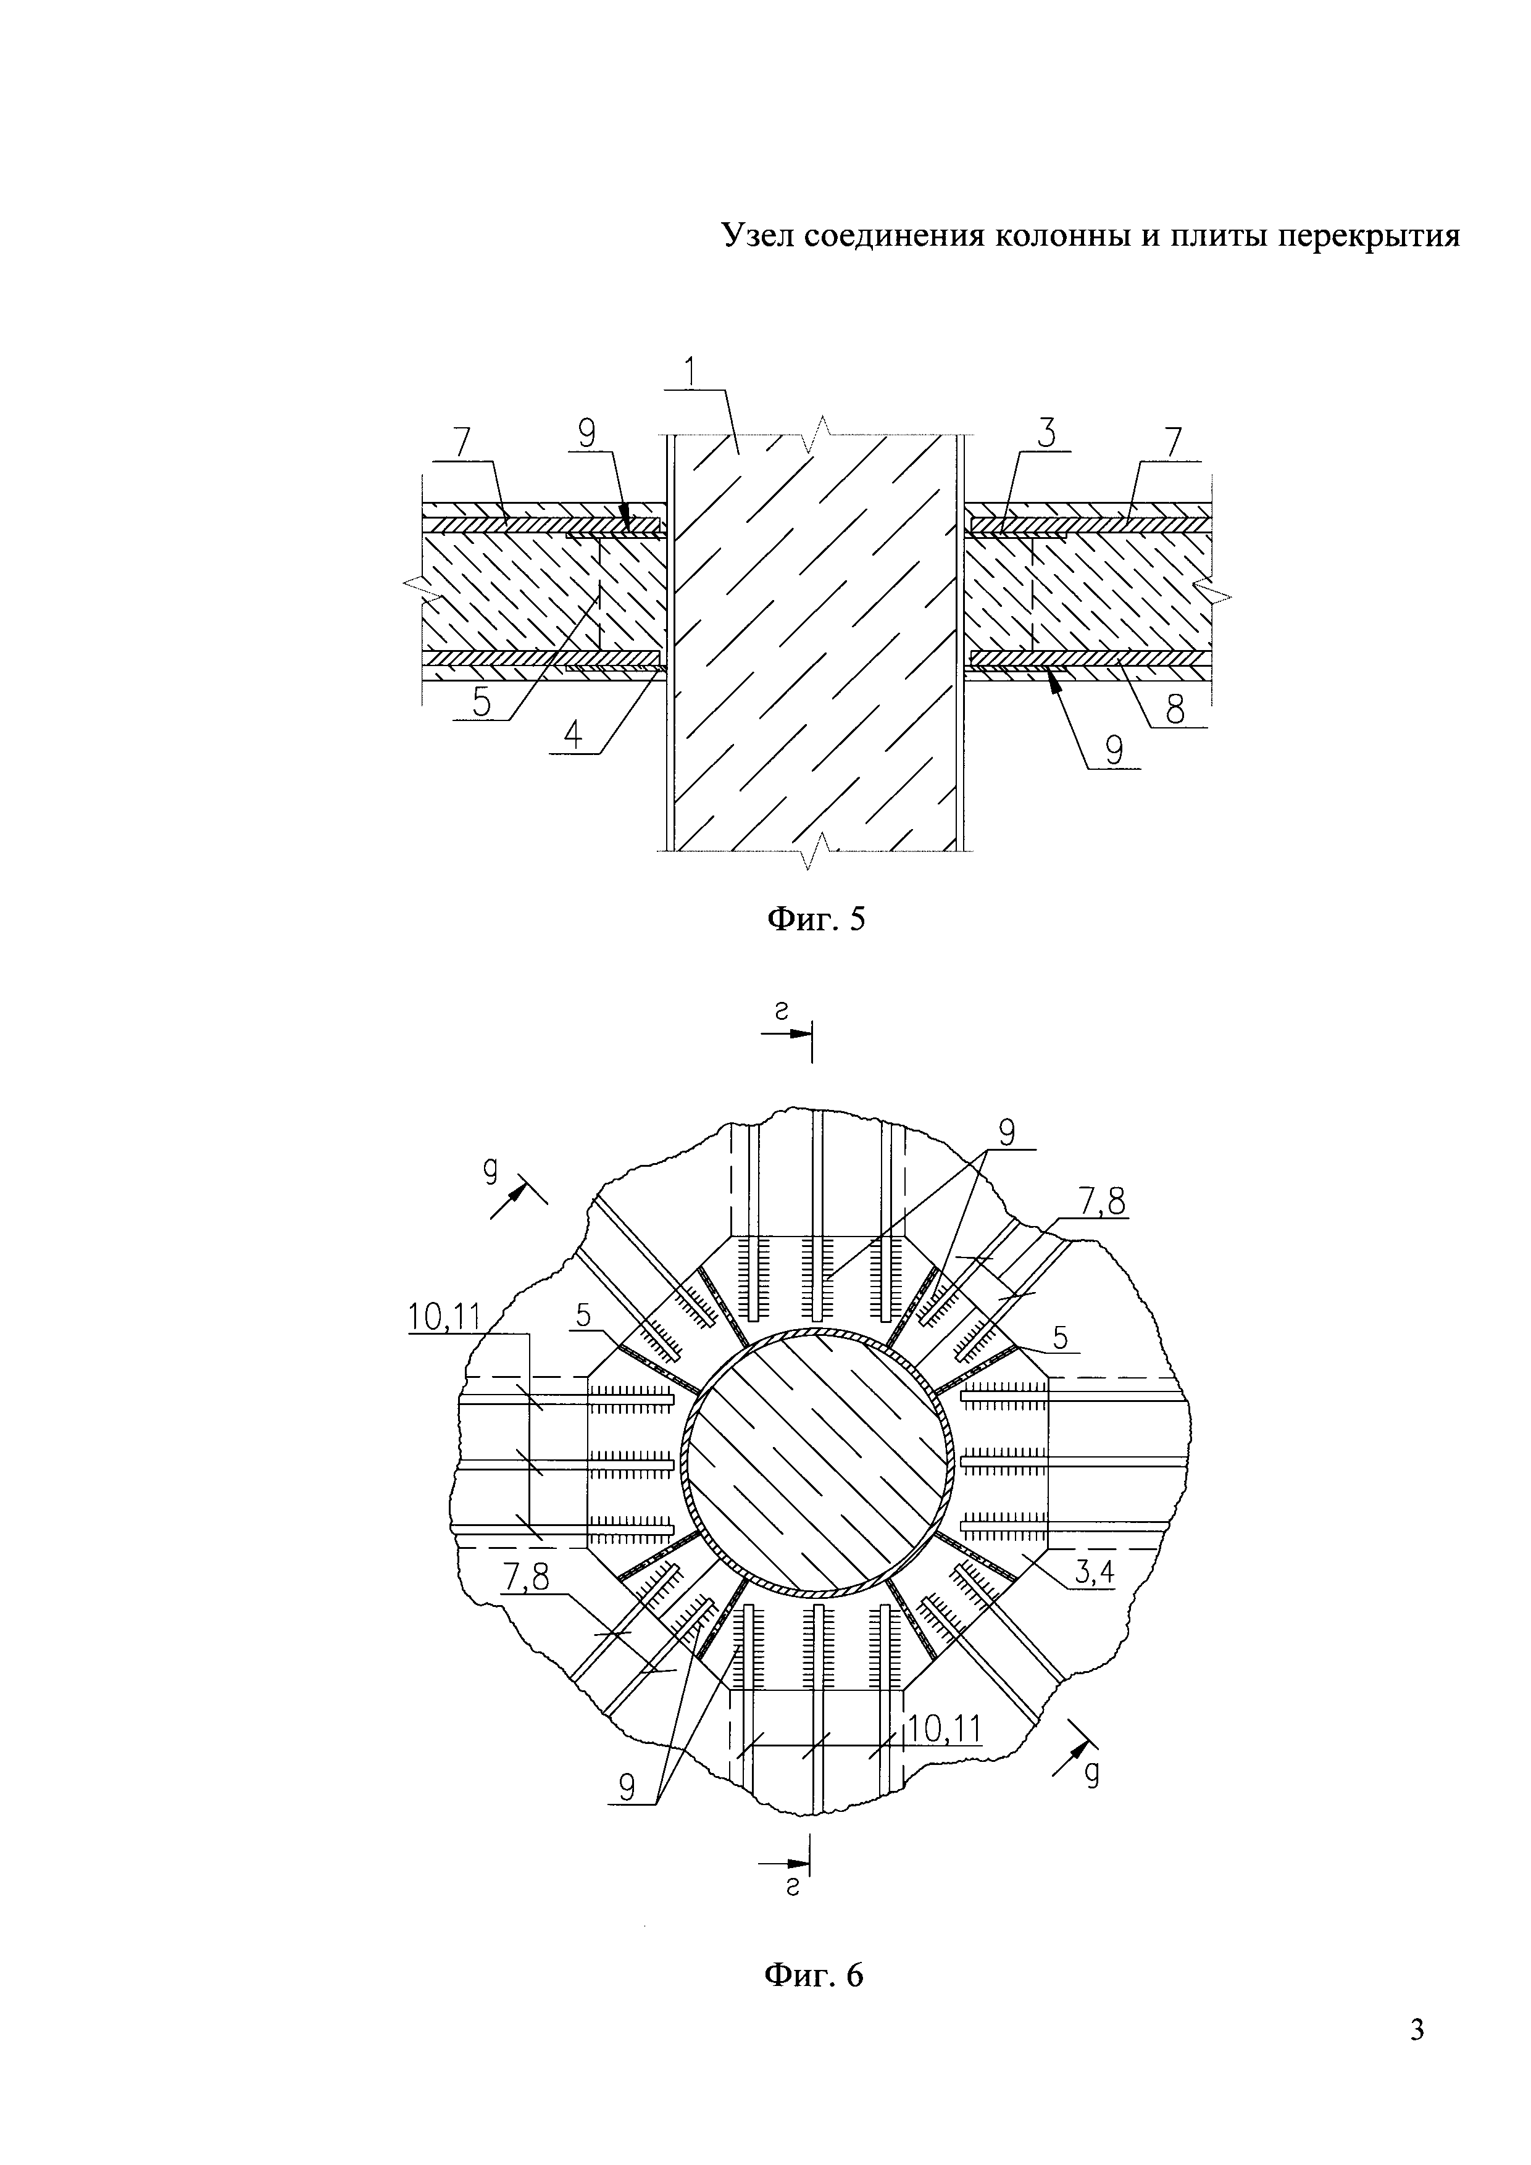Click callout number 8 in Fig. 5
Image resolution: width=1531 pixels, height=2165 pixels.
pos(1175,709)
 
